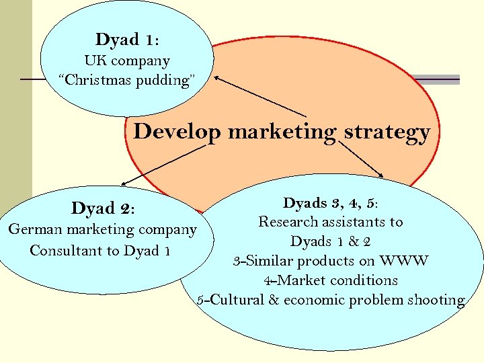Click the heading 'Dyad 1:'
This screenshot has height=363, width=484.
tap(127, 40)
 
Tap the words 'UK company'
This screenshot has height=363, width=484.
tap(127, 61)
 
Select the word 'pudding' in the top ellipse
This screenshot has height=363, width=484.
tap(165, 81)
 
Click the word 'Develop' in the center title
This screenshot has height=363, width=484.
tap(177, 132)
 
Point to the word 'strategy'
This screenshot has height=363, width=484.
tap(387, 132)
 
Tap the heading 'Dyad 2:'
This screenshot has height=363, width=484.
tap(103, 209)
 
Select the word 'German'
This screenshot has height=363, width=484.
tap(34, 230)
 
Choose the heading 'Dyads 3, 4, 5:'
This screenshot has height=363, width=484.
tap(334, 203)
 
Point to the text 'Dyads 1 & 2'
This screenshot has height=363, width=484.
tap(331, 241)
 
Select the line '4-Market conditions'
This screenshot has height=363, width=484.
tap(330, 280)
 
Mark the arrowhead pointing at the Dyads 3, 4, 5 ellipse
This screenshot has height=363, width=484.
tap(381, 177)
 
